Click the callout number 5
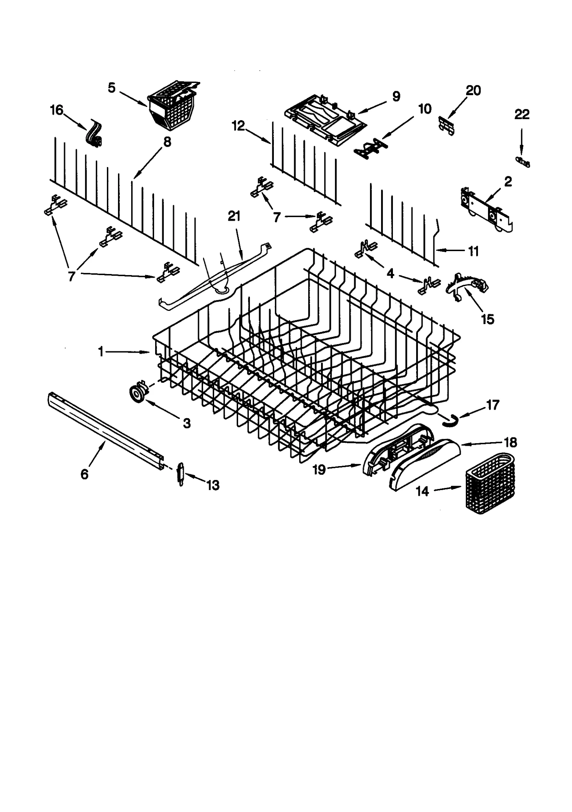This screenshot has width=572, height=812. (x=112, y=88)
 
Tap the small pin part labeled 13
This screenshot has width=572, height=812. (x=181, y=474)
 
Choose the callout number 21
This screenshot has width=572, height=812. (x=234, y=216)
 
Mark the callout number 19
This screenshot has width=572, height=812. (x=319, y=469)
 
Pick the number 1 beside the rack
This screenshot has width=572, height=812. (x=101, y=352)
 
